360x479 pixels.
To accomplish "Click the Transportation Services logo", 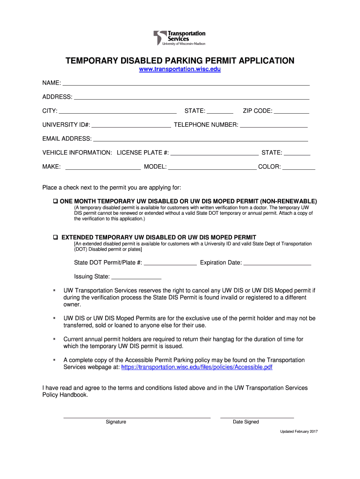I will click(x=180, y=38).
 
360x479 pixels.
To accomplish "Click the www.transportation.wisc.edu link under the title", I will click(x=180, y=69).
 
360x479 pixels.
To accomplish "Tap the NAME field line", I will click(x=186, y=83).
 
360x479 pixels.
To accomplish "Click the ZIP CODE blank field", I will click(x=291, y=111).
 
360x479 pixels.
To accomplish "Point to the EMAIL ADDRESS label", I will click(x=67, y=139).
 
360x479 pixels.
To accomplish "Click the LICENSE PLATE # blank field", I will click(x=215, y=152).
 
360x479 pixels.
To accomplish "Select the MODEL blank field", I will click(x=212, y=167).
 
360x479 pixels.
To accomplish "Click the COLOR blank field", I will click(x=299, y=167).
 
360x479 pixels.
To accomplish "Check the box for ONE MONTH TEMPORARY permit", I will click(x=55, y=201).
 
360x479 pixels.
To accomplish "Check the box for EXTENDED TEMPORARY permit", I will click(x=55, y=237).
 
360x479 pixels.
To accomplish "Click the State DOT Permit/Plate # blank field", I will click(x=170, y=262).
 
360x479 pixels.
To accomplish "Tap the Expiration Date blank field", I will click(x=277, y=262).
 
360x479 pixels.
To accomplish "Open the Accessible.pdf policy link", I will click(x=196, y=368).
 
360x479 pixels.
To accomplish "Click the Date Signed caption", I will click(x=246, y=422).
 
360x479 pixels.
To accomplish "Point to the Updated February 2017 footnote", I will click(x=299, y=431).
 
